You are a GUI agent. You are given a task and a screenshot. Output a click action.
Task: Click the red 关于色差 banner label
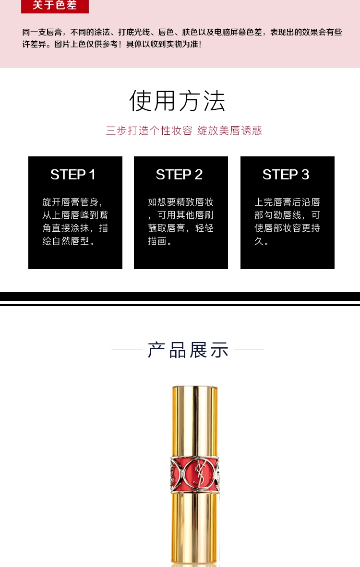pyautogui.click(x=55, y=6)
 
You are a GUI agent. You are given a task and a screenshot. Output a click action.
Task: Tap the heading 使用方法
pyautogui.click(x=177, y=101)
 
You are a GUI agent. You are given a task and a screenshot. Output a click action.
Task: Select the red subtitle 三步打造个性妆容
pyautogui.click(x=149, y=130)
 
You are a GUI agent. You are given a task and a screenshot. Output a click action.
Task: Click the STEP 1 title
pyautogui.click(x=73, y=175)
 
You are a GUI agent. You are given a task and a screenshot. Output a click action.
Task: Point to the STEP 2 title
pyautogui.click(x=179, y=175)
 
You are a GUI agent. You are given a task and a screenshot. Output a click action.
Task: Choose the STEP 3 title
pyautogui.click(x=286, y=175)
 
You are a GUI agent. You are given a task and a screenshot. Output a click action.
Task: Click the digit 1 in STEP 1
pyautogui.click(x=92, y=175)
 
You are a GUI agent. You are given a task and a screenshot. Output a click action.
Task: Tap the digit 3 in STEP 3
pyautogui.click(x=305, y=175)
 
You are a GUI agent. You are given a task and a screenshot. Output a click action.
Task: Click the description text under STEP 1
pyautogui.click(x=75, y=221)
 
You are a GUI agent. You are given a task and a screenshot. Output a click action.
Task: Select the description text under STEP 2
pyautogui.click(x=181, y=221)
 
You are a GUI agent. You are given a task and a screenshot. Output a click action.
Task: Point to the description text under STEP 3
pyautogui.click(x=287, y=221)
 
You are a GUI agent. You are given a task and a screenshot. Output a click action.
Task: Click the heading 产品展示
pyautogui.click(x=188, y=350)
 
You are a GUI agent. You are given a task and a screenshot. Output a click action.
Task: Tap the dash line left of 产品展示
pyautogui.click(x=127, y=350)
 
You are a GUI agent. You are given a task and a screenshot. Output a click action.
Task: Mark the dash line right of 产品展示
pyautogui.click(x=249, y=350)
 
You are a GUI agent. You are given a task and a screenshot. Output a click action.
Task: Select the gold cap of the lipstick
pyautogui.click(x=195, y=421)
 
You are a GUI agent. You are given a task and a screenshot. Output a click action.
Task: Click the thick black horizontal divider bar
pyautogui.click(x=180, y=296)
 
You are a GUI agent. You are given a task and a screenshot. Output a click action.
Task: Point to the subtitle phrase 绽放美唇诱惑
pyautogui.click(x=230, y=130)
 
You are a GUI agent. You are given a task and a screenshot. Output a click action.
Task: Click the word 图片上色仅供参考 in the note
pyautogui.click(x=86, y=44)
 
